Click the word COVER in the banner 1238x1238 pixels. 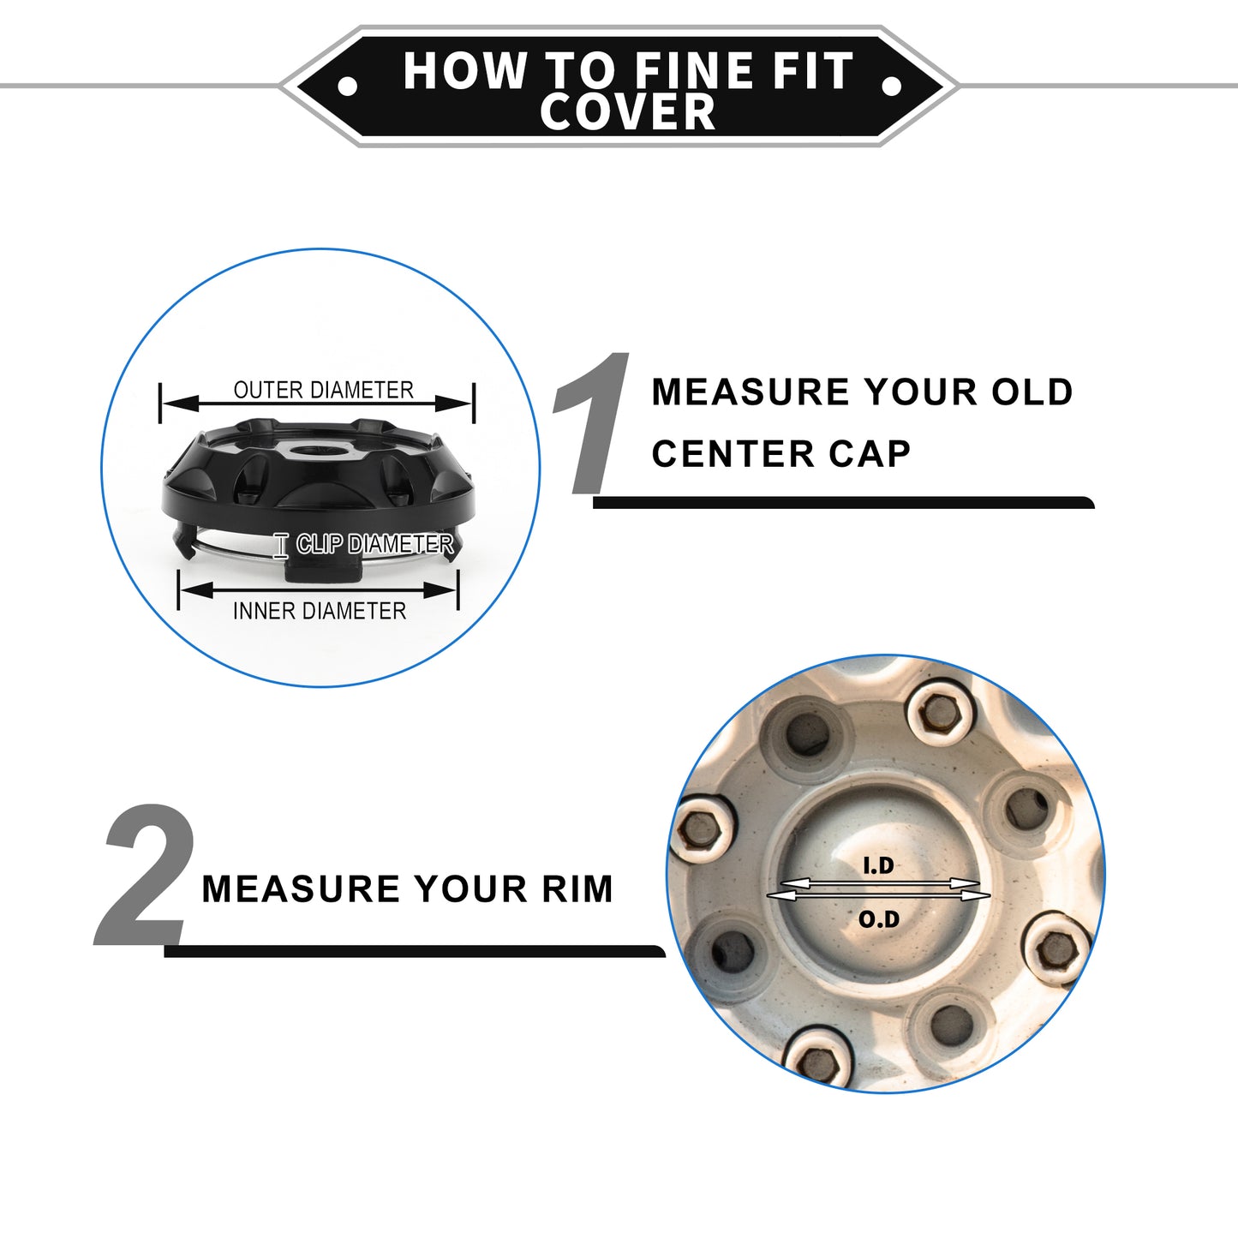628,111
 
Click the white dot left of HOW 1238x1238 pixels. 348,86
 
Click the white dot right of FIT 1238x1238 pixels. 892,86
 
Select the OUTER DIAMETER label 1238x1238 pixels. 323,390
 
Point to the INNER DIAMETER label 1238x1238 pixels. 320,611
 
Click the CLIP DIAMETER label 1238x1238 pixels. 375,544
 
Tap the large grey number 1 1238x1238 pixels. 592,423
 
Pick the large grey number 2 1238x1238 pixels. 145,875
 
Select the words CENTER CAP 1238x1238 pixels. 781,454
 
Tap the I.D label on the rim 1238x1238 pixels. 877,866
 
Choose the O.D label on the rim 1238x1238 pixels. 879,920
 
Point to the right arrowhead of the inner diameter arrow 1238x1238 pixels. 441,589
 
